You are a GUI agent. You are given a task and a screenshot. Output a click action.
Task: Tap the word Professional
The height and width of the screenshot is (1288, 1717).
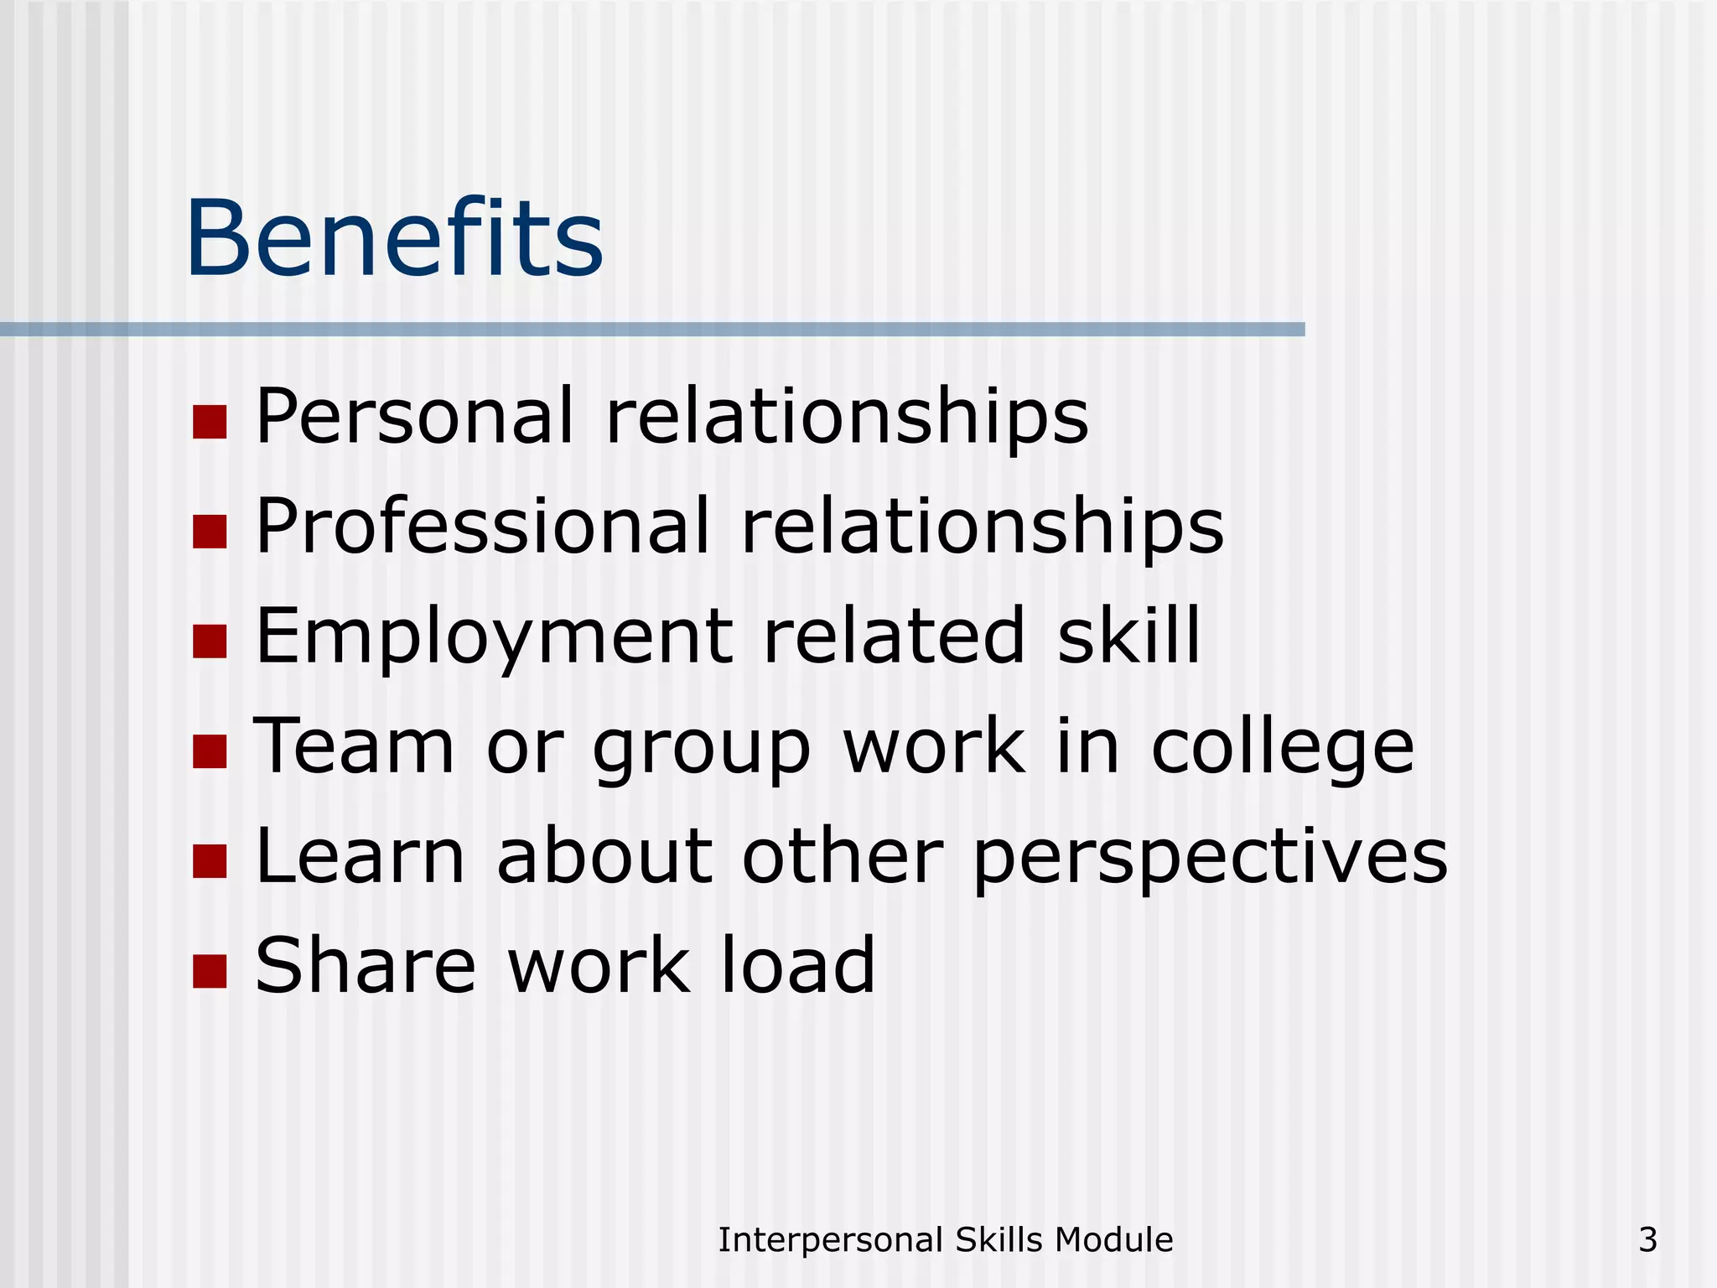[x=483, y=526]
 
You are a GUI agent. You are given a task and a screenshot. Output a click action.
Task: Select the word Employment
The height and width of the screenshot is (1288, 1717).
[x=494, y=637]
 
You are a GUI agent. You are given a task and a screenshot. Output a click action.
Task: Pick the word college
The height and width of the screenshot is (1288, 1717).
[x=1282, y=748]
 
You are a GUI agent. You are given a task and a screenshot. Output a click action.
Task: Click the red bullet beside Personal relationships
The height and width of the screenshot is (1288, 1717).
[x=210, y=423]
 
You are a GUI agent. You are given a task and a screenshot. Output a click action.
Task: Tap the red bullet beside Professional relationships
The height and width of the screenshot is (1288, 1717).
[x=210, y=532]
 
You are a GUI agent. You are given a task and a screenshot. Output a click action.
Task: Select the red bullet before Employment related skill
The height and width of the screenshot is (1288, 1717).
[x=210, y=641]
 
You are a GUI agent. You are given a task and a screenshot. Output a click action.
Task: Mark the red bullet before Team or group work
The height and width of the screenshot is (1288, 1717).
[x=210, y=751]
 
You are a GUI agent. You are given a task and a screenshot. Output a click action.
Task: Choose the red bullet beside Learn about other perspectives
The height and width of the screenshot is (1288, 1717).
[x=210, y=861]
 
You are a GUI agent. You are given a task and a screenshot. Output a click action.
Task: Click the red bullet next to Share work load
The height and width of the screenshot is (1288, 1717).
[x=210, y=971]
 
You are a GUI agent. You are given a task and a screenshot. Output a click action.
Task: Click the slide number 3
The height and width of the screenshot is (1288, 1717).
[x=1647, y=1240]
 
